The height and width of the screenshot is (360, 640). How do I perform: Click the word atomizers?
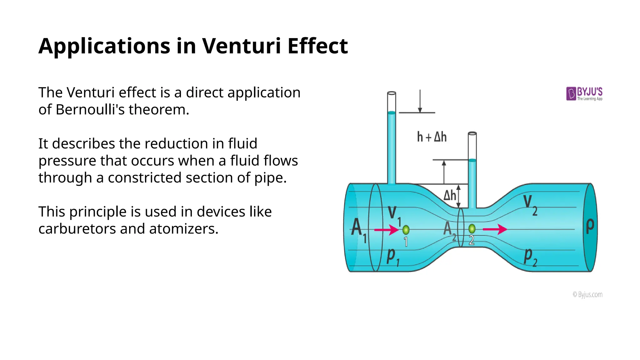pyautogui.click(x=183, y=229)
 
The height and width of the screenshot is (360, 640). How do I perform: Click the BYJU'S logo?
pyautogui.click(x=584, y=93)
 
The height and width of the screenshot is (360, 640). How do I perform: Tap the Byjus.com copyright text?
pyautogui.click(x=587, y=294)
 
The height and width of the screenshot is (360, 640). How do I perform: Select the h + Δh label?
pyautogui.click(x=432, y=137)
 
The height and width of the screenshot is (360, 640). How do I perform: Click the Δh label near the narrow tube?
pyautogui.click(x=450, y=196)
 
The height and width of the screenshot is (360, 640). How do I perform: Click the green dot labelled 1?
pyautogui.click(x=406, y=230)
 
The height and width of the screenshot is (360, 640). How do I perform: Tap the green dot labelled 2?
pyautogui.click(x=472, y=229)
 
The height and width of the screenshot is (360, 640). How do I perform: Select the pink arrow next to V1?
pyautogui.click(x=386, y=230)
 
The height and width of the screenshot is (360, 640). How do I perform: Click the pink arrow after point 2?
pyautogui.click(x=495, y=229)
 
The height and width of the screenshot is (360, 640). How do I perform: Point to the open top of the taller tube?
pyautogui.click(x=392, y=93)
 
